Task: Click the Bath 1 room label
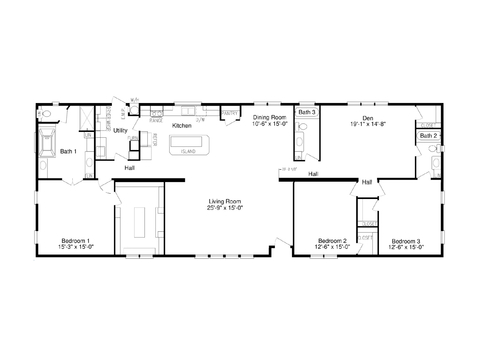(x=68, y=151)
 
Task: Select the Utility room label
(x=120, y=130)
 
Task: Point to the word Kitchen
(x=181, y=126)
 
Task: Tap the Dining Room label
(x=269, y=117)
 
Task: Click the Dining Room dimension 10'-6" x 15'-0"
(x=269, y=124)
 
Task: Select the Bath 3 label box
(x=306, y=113)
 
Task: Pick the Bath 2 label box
(x=427, y=135)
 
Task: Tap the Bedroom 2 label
(x=332, y=240)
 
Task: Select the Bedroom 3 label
(x=405, y=240)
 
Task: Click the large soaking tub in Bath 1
(x=47, y=146)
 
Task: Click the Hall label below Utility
(x=130, y=168)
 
